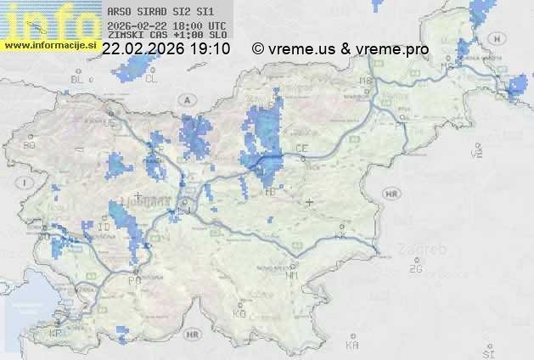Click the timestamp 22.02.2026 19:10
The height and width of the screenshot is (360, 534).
[x=166, y=49]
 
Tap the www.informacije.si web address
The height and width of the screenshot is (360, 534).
[x=49, y=45]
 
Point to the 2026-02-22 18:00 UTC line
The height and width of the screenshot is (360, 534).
[x=166, y=26]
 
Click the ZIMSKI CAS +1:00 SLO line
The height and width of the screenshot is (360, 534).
[x=166, y=37]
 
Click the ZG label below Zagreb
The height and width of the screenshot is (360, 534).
[x=415, y=269]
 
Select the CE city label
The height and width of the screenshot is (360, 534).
[x=301, y=149]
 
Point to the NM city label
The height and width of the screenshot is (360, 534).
[x=294, y=275]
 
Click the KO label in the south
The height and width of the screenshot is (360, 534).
[x=239, y=313]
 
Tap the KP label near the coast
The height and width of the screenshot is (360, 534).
[x=56, y=334]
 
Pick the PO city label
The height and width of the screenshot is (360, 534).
[x=133, y=280]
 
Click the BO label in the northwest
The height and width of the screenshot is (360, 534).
[x=29, y=145]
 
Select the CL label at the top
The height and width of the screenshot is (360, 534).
[x=151, y=79]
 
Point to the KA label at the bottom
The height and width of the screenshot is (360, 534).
[x=352, y=346]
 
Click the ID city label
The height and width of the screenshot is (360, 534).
[x=104, y=228]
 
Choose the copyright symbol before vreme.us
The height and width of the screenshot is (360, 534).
[x=258, y=49]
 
